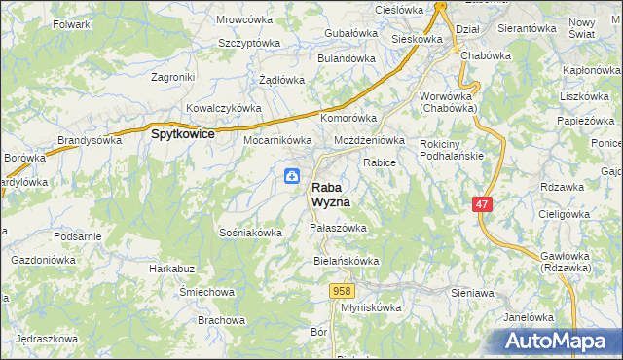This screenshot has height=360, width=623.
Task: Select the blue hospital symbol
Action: [292, 176]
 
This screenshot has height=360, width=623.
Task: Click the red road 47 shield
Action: [482, 204]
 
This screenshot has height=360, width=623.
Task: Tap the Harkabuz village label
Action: [172, 268]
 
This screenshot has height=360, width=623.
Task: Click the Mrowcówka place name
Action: [244, 19]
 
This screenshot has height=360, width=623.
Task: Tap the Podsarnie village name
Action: [78, 236]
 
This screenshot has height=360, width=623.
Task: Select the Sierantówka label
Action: [526, 29]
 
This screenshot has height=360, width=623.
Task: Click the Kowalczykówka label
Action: [224, 108]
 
